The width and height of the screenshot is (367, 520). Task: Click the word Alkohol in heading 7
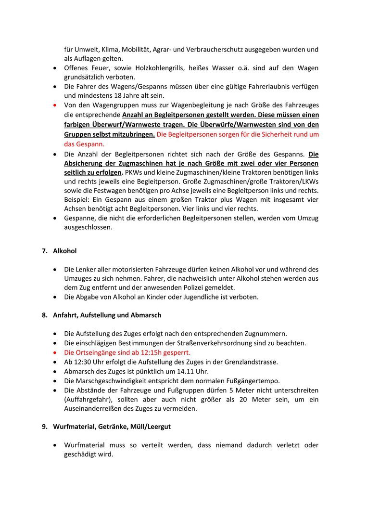(65, 251)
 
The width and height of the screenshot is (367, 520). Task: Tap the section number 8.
(44, 315)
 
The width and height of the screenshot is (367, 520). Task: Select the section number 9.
(44, 427)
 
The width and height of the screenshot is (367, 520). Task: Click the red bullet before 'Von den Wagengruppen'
(55, 105)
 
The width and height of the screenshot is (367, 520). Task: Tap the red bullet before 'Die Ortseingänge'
(55, 352)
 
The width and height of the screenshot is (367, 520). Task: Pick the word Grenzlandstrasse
(250, 362)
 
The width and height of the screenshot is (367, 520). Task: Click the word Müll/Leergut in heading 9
(149, 427)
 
